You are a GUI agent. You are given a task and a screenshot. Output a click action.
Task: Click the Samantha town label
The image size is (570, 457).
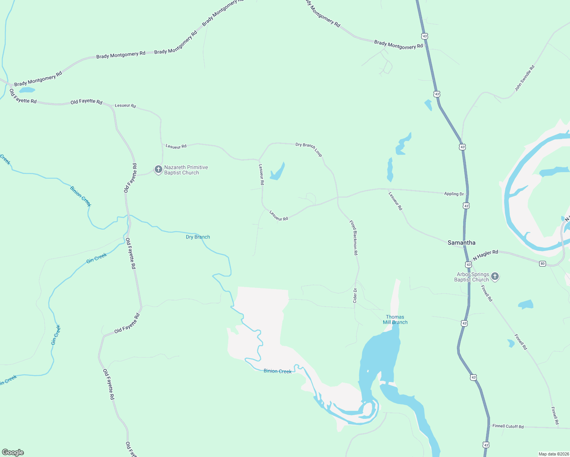click(461, 243)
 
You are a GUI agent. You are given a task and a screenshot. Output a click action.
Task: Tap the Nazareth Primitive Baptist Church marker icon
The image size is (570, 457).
click(158, 169)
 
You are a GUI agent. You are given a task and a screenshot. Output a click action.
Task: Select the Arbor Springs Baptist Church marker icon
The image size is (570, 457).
click(495, 276)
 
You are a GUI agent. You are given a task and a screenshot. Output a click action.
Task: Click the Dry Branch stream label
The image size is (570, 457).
click(198, 237)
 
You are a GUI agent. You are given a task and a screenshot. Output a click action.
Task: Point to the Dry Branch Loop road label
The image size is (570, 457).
click(309, 149)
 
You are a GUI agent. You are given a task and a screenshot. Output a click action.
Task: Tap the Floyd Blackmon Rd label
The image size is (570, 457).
click(354, 237)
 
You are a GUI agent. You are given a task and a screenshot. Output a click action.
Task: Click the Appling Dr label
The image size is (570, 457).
click(454, 194)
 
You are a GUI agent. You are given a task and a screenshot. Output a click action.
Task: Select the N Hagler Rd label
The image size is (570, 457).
click(485, 255)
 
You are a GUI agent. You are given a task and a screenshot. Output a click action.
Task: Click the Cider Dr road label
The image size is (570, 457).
click(355, 296)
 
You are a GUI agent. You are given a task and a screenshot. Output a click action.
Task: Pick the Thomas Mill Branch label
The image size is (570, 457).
click(395, 320)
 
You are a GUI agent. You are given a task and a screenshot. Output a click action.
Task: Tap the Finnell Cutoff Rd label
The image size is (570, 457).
click(508, 426)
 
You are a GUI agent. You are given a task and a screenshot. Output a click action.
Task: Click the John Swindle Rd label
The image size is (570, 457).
click(525, 78)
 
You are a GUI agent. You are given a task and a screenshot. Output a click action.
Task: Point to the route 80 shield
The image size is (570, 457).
click(542, 264)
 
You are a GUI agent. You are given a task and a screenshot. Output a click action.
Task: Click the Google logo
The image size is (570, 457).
click(13, 452)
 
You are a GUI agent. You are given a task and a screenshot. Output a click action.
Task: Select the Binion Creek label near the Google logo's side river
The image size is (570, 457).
click(277, 371)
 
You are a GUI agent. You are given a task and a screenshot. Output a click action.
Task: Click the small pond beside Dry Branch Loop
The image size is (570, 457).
click(277, 172)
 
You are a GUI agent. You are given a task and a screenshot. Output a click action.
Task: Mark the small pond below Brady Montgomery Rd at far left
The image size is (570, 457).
click(27, 90)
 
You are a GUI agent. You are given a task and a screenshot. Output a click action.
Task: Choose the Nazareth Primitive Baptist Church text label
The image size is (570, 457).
click(186, 170)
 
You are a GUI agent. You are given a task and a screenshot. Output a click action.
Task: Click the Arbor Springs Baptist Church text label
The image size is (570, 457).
click(472, 277)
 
